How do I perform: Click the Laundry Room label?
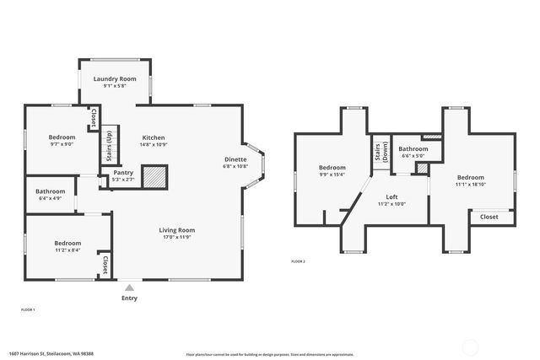tap(115, 78)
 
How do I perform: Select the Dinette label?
tap(235, 159)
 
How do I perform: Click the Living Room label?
tap(177, 230)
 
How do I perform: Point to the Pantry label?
tap(123, 173)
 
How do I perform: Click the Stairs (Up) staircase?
tap(109, 146)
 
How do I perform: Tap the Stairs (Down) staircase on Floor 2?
tap(379, 152)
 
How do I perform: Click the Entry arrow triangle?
tap(129, 287)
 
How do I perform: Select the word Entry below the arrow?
tap(129, 298)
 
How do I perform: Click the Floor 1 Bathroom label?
tap(50, 191)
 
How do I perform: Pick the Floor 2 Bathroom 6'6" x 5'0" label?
tap(413, 149)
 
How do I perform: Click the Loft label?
tap(392, 196)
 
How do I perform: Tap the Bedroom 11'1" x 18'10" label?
tap(470, 178)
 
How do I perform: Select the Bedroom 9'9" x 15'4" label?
tap(332, 168)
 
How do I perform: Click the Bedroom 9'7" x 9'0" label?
tap(62, 137)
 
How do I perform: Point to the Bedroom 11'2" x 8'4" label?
tap(67, 243)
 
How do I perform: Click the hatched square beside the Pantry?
tap(154, 176)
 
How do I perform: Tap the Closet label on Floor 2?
tap(489, 217)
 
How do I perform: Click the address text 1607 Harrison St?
tap(51, 354)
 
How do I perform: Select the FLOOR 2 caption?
tap(298, 261)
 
